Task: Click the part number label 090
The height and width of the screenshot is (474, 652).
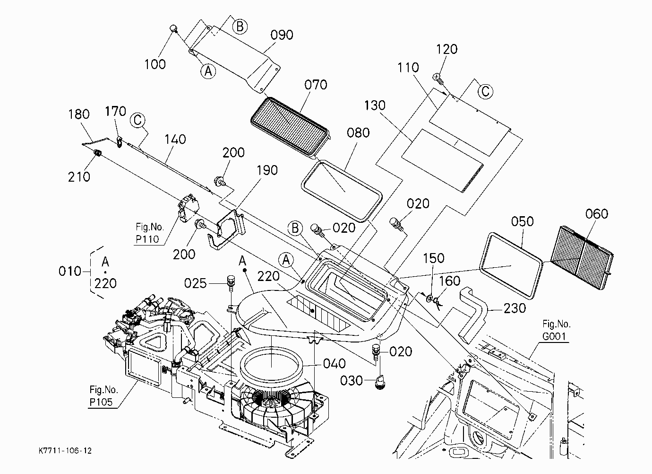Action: pos(282,35)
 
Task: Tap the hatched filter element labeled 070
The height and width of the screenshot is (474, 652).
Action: pos(290,126)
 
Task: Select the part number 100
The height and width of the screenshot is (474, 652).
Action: pos(155,64)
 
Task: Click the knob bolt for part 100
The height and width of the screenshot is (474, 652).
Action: pos(174,29)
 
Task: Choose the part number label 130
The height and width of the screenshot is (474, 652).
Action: pos(375,105)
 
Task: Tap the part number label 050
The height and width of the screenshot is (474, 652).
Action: pos(522,221)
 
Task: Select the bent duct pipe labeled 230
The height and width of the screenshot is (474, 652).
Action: pos(473,315)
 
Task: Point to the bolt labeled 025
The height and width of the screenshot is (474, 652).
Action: pos(231,283)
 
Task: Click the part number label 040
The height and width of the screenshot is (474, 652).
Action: pos(335,364)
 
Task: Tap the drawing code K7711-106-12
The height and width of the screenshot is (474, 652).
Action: pos(65,451)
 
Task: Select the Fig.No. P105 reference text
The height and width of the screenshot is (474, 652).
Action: pos(103,395)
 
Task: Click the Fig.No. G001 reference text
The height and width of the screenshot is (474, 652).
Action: pos(556,330)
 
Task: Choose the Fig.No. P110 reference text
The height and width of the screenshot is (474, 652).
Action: pos(150,233)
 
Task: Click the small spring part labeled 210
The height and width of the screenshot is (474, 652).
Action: pos(97,153)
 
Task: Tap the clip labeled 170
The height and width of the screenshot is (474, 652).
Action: pos(120,141)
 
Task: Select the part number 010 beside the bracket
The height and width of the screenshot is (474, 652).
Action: pos(70,272)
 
